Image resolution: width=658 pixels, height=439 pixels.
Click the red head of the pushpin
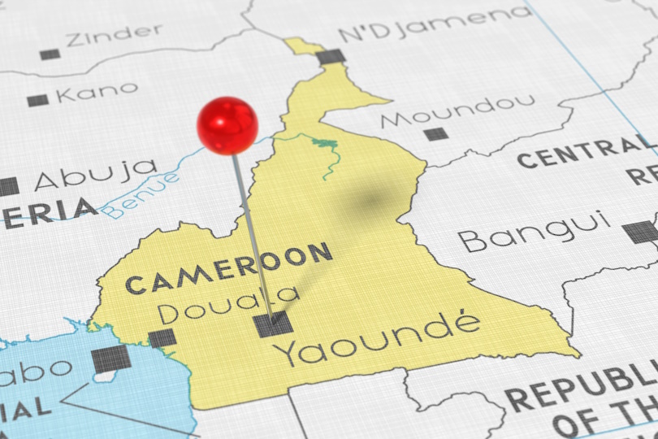227,125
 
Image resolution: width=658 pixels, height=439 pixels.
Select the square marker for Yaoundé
272,324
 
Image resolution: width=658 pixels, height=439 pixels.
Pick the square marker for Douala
162,338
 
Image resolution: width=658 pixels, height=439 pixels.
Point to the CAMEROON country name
229,267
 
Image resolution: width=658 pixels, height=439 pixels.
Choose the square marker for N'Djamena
331,57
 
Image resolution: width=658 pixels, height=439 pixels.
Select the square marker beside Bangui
641,232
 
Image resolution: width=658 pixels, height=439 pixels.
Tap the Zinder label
114,35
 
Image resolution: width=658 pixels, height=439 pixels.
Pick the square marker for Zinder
50,54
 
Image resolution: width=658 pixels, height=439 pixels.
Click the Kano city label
97,93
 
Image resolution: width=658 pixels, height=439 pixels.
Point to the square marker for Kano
37,101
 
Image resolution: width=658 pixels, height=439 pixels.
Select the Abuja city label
96,173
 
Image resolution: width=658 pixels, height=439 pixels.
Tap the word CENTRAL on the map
580,152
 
